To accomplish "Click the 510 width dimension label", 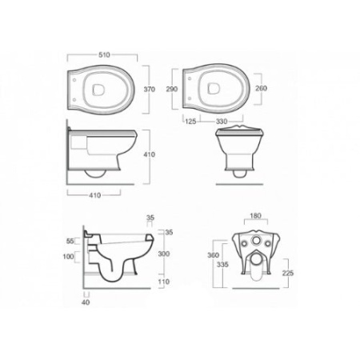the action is tap(104, 55).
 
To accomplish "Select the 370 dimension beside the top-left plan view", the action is tap(150, 89).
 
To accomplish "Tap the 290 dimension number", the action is tap(172, 89).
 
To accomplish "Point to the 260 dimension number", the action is tap(261, 88).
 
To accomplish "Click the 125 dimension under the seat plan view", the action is tap(190, 122).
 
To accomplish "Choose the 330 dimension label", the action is tap(222, 122).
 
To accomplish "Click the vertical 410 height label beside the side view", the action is tap(150, 154).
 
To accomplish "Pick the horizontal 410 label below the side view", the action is tap(95, 195).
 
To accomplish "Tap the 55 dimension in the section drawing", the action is tap(70, 241).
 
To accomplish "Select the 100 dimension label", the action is tap(68, 257).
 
